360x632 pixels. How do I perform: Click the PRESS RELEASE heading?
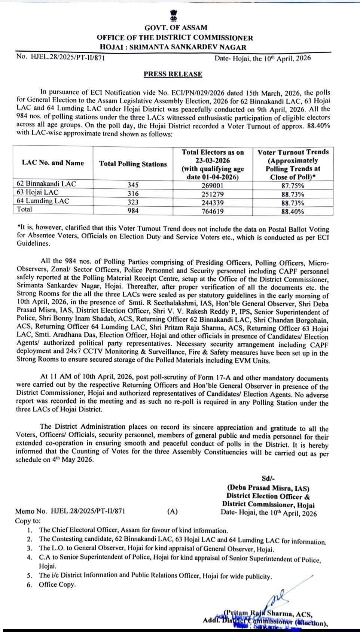(x=173, y=74)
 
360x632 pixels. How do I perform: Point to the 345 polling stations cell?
(x=133, y=185)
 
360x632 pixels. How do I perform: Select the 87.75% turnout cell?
(x=293, y=186)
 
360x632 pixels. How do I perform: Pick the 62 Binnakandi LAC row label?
(x=46, y=183)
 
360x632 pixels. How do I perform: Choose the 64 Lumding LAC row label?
(x=43, y=201)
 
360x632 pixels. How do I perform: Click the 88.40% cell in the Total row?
(x=293, y=212)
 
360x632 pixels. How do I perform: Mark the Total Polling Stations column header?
(x=133, y=164)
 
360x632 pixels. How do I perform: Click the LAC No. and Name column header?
(x=53, y=162)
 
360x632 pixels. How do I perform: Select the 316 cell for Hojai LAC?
(x=133, y=194)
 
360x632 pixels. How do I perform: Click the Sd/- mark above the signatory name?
(x=268, y=478)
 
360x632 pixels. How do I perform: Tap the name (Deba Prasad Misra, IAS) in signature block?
(x=268, y=488)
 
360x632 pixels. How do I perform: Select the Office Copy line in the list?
(x=57, y=584)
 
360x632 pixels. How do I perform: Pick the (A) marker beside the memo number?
(x=173, y=511)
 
